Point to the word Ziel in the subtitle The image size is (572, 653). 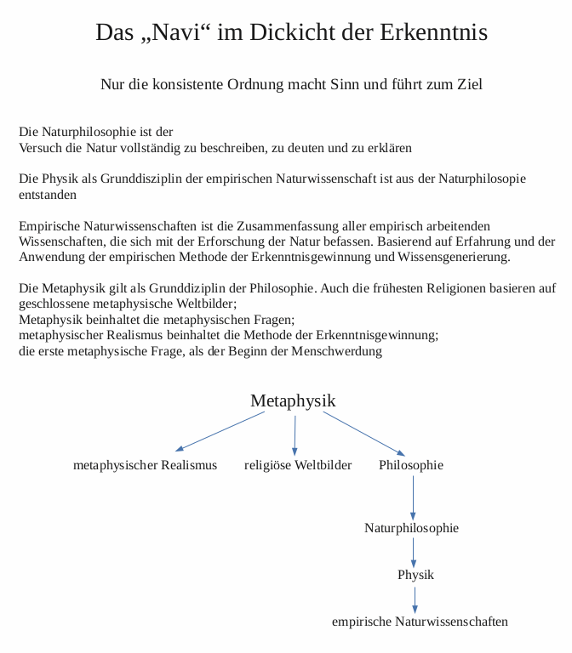[470, 84]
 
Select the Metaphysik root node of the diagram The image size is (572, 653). [293, 401]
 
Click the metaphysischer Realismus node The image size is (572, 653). [145, 465]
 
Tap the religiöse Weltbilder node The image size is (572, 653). [298, 465]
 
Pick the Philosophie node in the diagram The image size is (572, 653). [411, 465]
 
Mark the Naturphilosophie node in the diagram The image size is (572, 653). [412, 528]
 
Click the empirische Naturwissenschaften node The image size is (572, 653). [420, 622]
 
